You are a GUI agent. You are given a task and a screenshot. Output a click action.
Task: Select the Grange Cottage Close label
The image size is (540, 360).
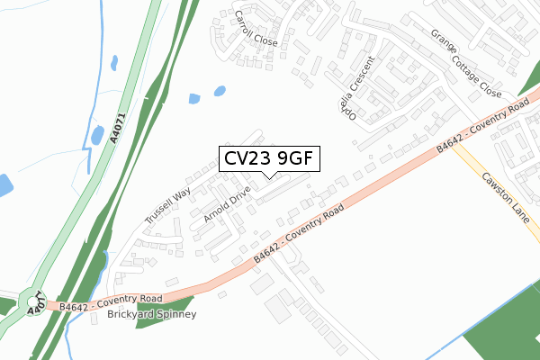464,62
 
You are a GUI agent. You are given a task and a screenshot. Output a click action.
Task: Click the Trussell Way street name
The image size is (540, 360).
168,206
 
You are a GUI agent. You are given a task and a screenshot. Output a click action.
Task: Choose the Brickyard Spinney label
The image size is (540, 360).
150,315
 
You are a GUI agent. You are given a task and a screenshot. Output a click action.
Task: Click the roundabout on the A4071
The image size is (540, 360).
35,301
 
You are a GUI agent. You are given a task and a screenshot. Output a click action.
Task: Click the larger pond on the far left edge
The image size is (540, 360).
4,186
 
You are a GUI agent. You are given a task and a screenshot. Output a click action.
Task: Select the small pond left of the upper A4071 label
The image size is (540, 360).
96,136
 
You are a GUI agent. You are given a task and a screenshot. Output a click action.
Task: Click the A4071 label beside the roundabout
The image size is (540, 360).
34,310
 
